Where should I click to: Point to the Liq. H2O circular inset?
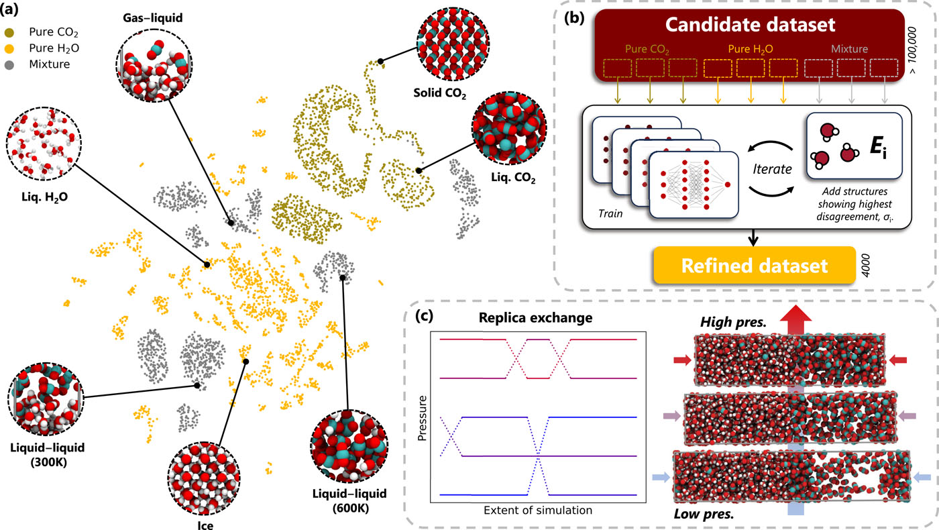point(44,139)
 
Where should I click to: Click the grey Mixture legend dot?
point(17,64)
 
